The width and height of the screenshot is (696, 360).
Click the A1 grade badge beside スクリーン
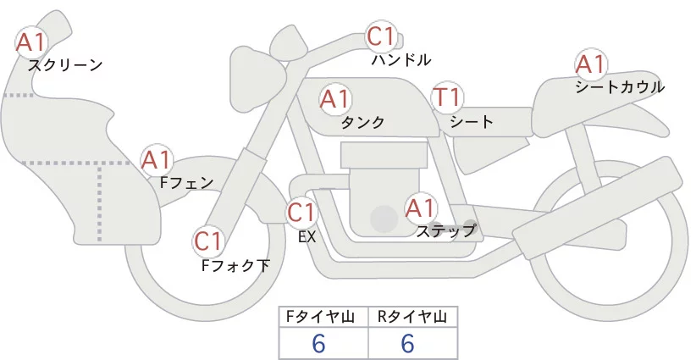(32, 41)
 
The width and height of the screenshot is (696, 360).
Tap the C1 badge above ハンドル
(381, 37)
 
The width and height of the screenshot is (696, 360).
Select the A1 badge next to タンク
(335, 99)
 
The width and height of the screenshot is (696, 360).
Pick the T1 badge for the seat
(446, 98)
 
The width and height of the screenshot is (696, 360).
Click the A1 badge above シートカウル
(590, 64)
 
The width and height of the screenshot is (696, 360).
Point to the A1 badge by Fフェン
(156, 159)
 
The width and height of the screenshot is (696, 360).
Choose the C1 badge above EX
(302, 212)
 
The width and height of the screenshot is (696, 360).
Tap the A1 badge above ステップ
(420, 208)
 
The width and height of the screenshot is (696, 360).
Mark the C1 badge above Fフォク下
(208, 242)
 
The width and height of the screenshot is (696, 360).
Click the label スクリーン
(65, 64)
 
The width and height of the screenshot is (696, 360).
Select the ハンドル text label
(401, 60)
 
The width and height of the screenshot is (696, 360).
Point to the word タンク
(362, 123)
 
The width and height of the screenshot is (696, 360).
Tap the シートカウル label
(619, 87)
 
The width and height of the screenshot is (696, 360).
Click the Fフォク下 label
(235, 266)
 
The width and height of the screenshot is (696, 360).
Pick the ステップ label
(445, 230)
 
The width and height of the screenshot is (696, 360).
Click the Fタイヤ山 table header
(324, 317)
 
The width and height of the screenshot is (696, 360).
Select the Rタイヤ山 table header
(412, 317)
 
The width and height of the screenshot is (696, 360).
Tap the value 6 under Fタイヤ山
(319, 343)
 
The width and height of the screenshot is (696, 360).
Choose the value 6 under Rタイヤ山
(407, 343)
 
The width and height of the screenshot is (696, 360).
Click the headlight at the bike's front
(253, 64)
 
